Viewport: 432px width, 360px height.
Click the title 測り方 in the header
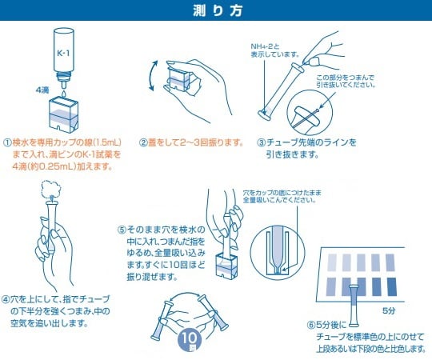click(216, 11)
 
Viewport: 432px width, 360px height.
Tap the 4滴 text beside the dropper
click(43, 90)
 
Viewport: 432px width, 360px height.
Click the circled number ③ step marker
click(261, 142)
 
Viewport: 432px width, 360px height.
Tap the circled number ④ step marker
click(9, 296)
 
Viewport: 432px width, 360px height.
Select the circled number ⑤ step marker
click(122, 228)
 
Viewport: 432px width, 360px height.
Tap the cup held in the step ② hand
click(178, 82)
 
